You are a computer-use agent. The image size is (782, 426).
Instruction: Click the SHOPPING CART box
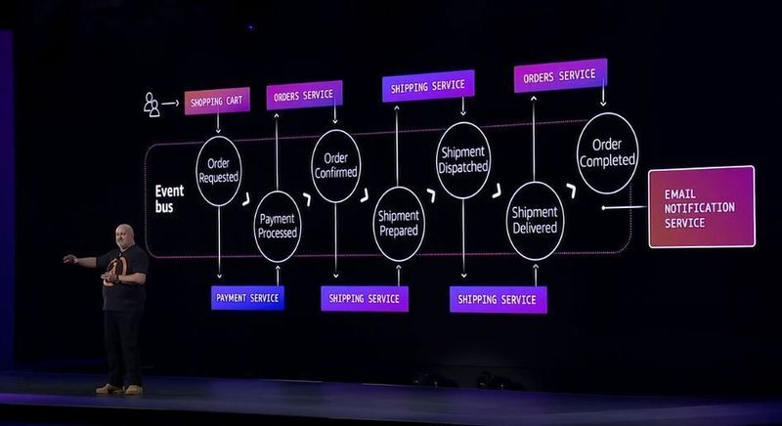pos(217,101)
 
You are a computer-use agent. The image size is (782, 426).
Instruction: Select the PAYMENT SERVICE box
pos(248,297)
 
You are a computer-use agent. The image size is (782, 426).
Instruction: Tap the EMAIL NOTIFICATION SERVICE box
pos(701,206)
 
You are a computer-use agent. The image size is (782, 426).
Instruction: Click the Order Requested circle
pos(218,171)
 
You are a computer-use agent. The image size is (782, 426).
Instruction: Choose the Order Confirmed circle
pos(335,165)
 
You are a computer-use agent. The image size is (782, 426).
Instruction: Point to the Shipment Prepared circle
pos(398,224)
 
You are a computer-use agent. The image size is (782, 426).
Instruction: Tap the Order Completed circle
pos(607,152)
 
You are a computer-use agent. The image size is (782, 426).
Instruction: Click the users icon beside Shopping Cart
pos(152,104)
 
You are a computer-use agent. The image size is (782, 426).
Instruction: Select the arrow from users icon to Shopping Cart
pos(172,102)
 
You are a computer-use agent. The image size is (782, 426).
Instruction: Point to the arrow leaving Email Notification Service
pos(623,207)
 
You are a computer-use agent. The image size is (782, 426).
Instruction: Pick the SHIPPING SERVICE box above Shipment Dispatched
pos(428,86)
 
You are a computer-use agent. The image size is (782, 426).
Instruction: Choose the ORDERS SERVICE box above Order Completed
pos(560,75)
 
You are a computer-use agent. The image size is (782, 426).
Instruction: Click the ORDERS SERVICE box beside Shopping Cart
pos(303,95)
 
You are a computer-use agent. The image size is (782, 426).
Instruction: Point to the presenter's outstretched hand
pos(67,260)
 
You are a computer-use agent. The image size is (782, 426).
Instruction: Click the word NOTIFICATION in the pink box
pos(698,208)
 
